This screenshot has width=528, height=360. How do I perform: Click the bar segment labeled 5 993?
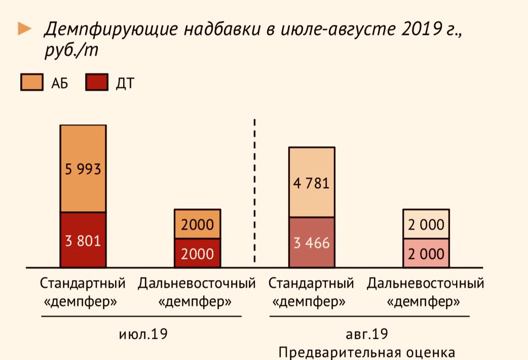pyautogui.click(x=83, y=168)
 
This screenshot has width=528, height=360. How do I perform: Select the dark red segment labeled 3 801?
pyautogui.click(x=83, y=240)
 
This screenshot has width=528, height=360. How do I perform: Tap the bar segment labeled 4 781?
pyautogui.click(x=312, y=183)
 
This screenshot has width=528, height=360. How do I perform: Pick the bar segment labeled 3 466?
pyautogui.click(x=312, y=242)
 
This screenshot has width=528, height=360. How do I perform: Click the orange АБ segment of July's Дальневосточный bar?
pyautogui.click(x=198, y=224)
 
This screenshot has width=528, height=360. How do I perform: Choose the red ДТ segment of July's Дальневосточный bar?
pyautogui.click(x=198, y=253)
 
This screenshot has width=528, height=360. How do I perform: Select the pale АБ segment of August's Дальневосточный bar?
pyautogui.click(x=426, y=224)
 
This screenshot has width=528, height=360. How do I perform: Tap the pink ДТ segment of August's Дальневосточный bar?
pyautogui.click(x=426, y=253)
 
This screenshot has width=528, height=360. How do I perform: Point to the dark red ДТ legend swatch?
pyautogui.click(x=97, y=83)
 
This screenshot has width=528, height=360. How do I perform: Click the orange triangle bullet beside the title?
pyautogui.click(x=24, y=29)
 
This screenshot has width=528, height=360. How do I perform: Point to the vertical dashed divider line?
pyautogui.click(x=254, y=190)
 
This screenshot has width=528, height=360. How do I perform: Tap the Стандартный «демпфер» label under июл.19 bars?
pyautogui.click(x=82, y=293)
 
